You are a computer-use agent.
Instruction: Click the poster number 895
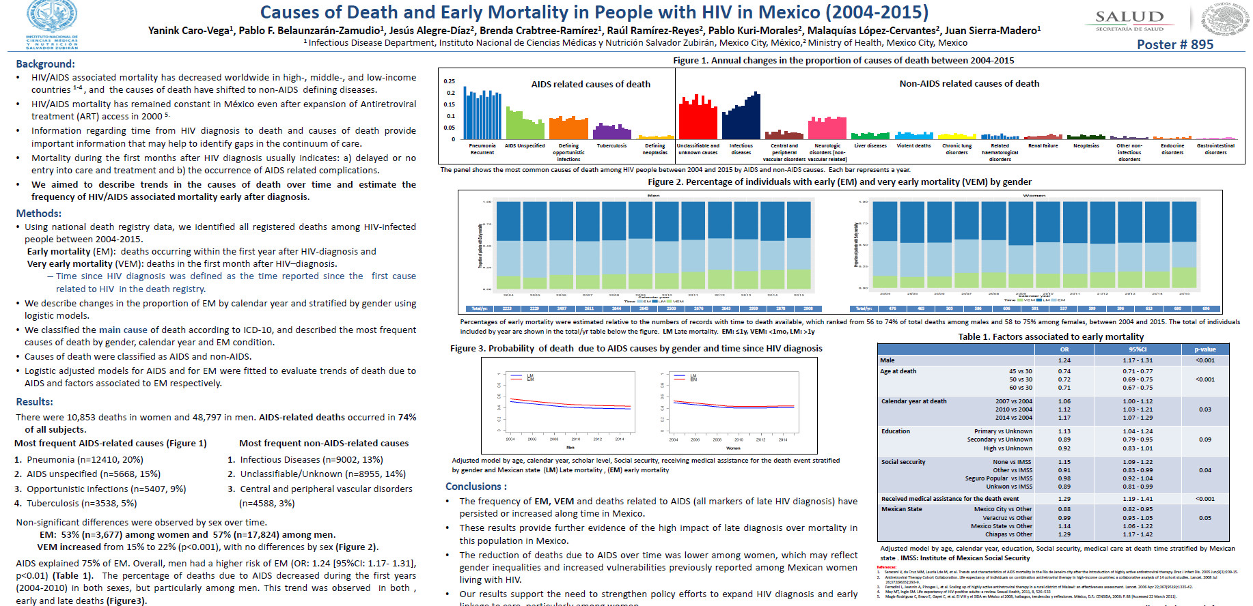pyautogui.click(x=1174, y=44)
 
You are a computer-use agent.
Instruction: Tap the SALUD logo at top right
pyautogui.click(x=1129, y=19)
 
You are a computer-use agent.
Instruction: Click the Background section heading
pyautogui.click(x=45, y=63)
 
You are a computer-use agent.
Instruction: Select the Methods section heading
pyautogui.click(x=39, y=213)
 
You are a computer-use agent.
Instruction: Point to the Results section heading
pyautogui.click(x=35, y=401)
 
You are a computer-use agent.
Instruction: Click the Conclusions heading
pyautogui.click(x=476, y=486)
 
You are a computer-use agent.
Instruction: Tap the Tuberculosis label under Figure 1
pyautogui.click(x=611, y=145)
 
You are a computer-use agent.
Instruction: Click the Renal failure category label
pyautogui.click(x=1043, y=145)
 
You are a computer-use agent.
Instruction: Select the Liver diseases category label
pyautogui.click(x=870, y=145)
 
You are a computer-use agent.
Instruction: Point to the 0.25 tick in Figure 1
pyautogui.click(x=449, y=81)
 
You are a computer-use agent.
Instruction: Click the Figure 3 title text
pyautogui.click(x=636, y=348)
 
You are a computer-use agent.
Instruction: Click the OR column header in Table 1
pyautogui.click(x=1064, y=349)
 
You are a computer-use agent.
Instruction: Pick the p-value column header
pyautogui.click(x=1204, y=349)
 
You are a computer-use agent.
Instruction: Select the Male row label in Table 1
pyautogui.click(x=887, y=360)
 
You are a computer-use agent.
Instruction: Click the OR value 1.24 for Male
pyautogui.click(x=1064, y=360)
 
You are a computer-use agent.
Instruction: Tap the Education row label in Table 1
pyautogui.click(x=895, y=431)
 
